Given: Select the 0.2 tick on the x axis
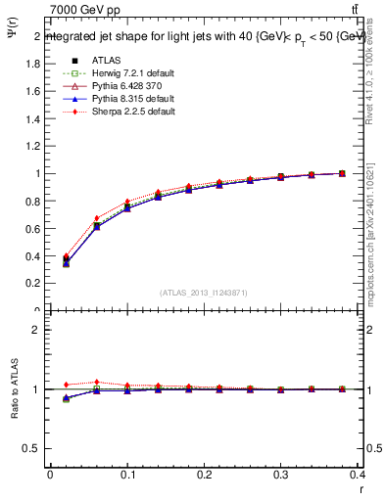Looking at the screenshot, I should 204,477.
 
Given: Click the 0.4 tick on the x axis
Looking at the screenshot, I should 358,477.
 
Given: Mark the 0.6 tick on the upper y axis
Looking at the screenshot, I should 32,228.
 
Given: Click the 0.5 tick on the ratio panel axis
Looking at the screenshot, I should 32,448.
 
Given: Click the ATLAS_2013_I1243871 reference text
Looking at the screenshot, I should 203,293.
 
